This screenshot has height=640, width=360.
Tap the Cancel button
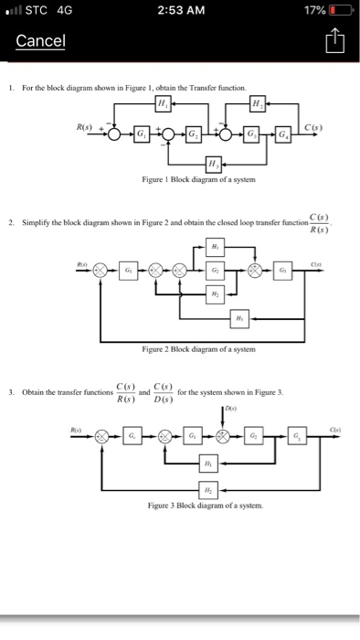click(40, 42)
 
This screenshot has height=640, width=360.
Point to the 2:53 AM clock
click(179, 11)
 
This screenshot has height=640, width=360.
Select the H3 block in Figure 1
click(212, 163)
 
